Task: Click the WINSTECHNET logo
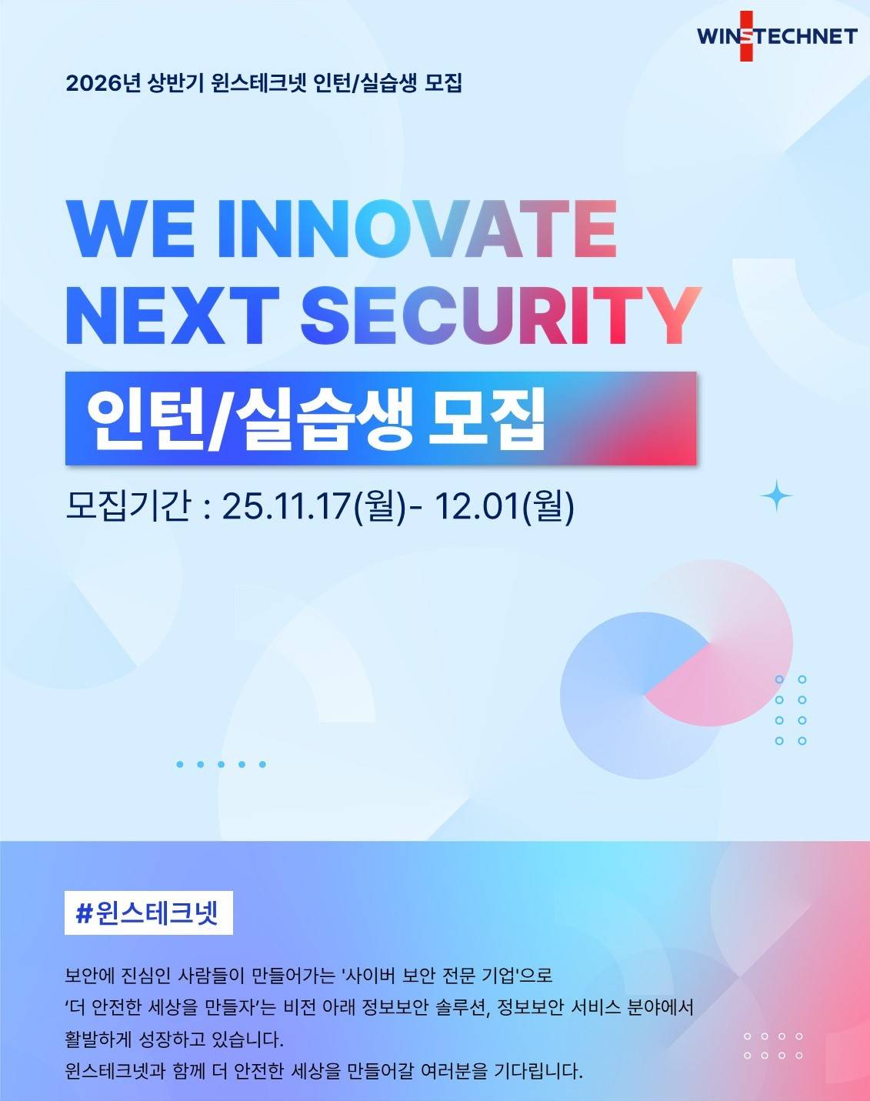pos(777,36)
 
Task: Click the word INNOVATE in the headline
pos(418,229)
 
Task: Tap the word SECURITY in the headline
pos(500,315)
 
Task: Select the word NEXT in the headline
pos(172,315)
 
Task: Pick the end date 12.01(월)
pos(504,506)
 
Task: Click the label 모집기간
pos(128,506)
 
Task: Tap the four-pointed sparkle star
pos(776,496)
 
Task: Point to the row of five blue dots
pos(221,764)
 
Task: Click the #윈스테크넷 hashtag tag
pos(148,912)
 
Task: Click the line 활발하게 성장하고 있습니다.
pos(175,1039)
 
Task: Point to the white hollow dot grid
pos(773,1046)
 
